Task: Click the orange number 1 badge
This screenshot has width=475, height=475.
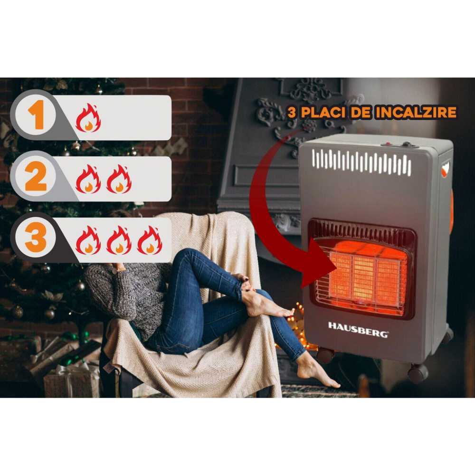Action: tap(36, 116)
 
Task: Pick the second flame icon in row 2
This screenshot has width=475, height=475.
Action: tap(119, 179)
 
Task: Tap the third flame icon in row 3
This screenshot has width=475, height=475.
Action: tap(150, 240)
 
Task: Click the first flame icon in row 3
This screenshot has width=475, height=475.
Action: tap(88, 240)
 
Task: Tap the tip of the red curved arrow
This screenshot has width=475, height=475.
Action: tap(328, 266)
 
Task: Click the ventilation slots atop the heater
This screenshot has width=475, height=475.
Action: tap(361, 161)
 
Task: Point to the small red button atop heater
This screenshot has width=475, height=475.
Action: tap(388, 143)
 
